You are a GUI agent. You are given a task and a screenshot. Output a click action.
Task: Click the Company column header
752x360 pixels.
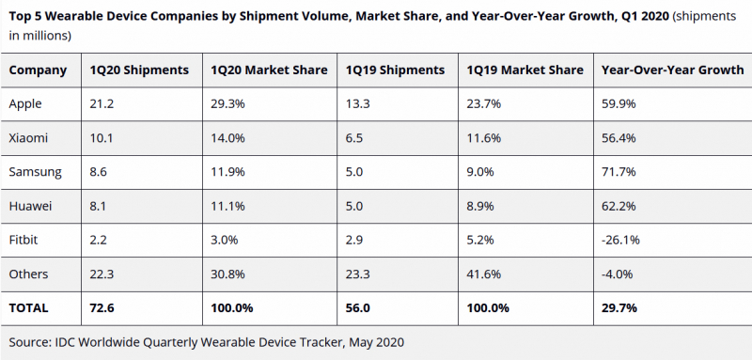(38, 70)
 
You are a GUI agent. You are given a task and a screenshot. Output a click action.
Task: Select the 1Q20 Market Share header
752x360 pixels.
(269, 70)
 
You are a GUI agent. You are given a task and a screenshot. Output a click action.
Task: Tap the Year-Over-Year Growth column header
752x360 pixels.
(672, 70)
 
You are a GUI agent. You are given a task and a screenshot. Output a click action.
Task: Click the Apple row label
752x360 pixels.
(25, 104)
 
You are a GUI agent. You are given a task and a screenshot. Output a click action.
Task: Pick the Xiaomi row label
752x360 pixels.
(28, 138)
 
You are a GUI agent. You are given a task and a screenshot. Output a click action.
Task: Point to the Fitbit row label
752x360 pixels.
(23, 240)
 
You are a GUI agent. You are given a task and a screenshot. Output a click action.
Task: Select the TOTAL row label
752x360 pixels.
(28, 307)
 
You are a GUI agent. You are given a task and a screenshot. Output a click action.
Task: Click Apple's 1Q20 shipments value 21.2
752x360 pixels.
(102, 103)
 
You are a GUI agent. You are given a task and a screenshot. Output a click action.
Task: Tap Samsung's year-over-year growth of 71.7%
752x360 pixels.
(619, 172)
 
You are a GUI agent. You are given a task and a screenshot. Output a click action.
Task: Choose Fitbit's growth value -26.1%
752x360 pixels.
(620, 240)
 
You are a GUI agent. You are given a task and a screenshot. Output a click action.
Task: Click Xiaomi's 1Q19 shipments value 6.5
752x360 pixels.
(354, 138)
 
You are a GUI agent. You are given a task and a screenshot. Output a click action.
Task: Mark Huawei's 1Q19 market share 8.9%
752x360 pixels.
(480, 206)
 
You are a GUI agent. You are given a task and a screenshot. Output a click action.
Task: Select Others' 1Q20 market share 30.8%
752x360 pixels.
(227, 274)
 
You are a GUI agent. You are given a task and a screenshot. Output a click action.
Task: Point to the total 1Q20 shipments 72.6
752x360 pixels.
(102, 307)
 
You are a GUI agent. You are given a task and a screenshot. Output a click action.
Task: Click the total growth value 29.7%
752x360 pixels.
(619, 307)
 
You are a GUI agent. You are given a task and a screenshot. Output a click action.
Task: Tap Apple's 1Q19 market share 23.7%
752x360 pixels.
(484, 103)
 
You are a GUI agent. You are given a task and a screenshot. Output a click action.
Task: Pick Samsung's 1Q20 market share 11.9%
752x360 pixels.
(227, 172)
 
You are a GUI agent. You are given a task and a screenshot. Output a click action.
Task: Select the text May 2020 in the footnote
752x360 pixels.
(377, 343)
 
